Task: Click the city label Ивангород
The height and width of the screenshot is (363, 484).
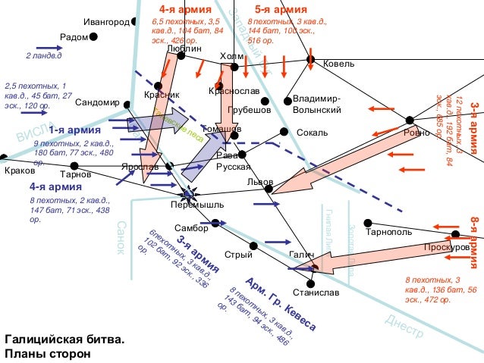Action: (107, 21)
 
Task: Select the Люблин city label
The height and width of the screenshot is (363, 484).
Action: (184, 47)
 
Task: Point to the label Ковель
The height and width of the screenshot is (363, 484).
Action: (338, 64)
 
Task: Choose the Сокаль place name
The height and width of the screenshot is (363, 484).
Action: (312, 133)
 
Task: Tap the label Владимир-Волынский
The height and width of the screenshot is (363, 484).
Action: (317, 105)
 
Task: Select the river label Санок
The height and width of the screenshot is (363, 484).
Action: (122, 238)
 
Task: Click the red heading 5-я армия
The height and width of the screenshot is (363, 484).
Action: (281, 9)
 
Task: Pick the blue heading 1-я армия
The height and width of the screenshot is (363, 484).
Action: (69, 130)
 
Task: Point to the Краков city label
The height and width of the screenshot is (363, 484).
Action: (20, 171)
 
